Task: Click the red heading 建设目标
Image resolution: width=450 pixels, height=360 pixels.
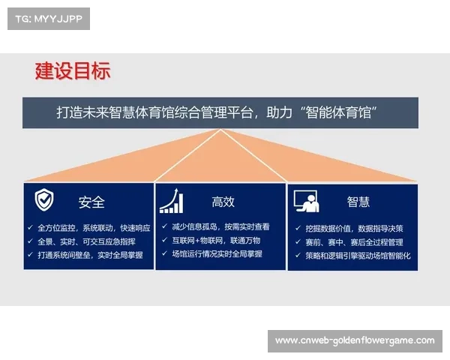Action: [x=73, y=71]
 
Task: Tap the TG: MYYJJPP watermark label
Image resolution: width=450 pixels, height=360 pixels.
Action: [x=48, y=18]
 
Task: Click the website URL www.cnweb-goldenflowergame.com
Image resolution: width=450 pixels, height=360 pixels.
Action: [x=354, y=340]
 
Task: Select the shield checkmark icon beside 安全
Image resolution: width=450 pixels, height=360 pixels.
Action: [x=44, y=200]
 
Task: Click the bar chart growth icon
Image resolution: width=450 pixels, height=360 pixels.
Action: [x=170, y=201]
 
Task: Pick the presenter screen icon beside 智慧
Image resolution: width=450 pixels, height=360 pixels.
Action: [x=304, y=201]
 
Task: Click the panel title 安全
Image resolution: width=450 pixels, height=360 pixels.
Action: [x=91, y=202]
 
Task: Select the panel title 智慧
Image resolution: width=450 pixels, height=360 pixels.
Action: [x=358, y=202]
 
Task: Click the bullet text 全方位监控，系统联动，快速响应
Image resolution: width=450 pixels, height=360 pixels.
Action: [x=94, y=227]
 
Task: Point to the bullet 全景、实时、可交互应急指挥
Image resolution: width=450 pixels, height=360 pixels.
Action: [x=86, y=241]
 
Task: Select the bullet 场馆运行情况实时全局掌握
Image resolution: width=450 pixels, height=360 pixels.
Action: [x=217, y=254]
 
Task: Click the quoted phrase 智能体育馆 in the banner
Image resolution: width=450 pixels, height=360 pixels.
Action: [x=341, y=112]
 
